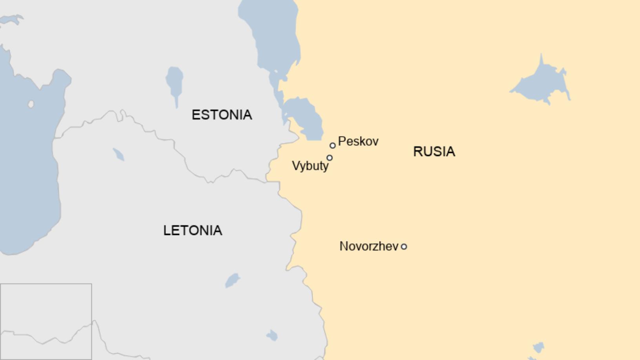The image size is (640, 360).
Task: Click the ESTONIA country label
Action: tap(222, 115)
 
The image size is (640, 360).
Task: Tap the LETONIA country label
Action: tap(193, 230)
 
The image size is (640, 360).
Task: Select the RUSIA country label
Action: tap(434, 151)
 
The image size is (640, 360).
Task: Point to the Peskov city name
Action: tap(358, 141)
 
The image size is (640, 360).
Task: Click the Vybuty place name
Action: tap(310, 166)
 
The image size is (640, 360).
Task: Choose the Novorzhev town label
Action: tap(369, 246)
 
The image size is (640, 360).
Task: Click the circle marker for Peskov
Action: tap(333, 145)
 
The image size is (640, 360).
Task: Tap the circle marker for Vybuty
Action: tap(329, 158)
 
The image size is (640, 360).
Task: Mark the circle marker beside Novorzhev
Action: tap(404, 247)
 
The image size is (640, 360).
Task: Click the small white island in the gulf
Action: tap(31, 104)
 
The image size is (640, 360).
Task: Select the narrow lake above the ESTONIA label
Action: tap(175, 83)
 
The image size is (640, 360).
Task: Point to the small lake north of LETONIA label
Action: tap(118, 154)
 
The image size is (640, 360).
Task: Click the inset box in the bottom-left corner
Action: tap(46, 322)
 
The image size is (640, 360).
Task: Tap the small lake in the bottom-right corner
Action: tap(538, 347)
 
